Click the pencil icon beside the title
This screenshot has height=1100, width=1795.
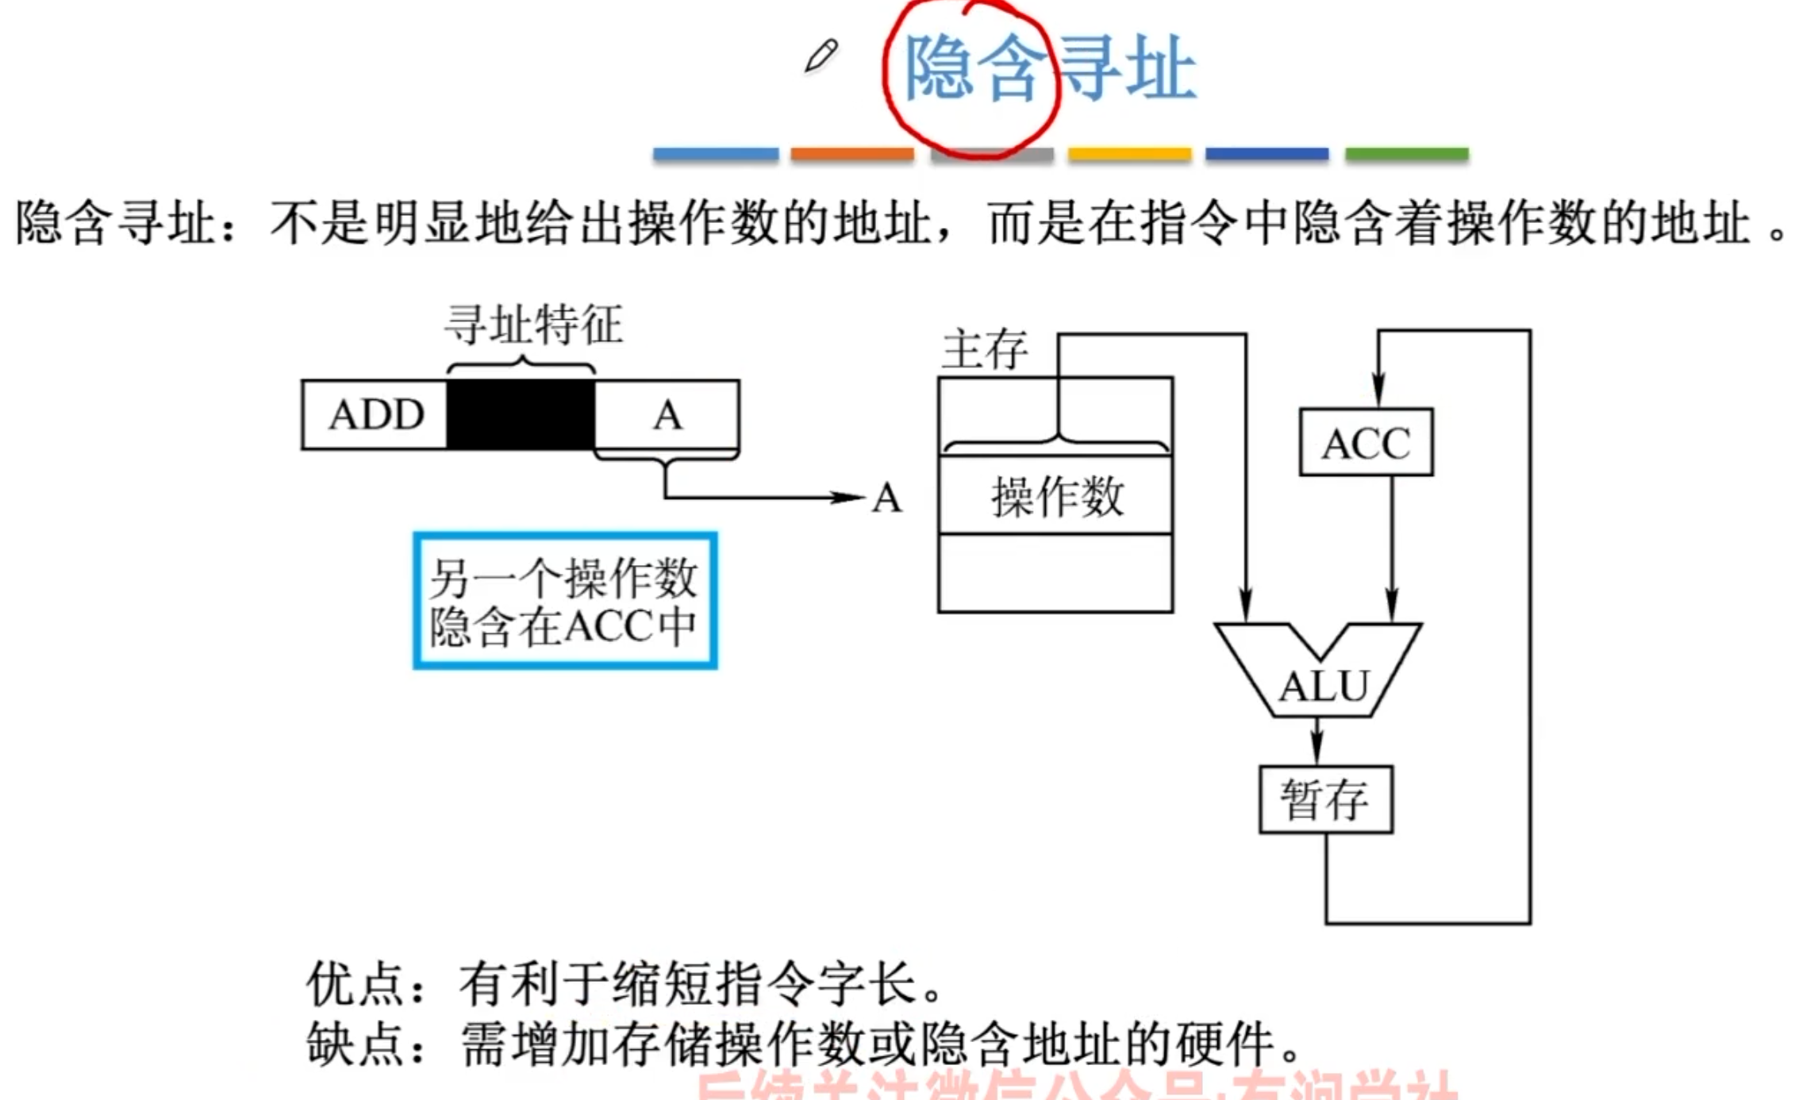coord(821,56)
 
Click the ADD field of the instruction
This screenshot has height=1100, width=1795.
coord(375,415)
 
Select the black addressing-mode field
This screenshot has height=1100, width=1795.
coord(521,415)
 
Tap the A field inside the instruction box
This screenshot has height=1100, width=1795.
coord(667,415)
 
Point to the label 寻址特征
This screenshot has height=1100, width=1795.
coord(533,325)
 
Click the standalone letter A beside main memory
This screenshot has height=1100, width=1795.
coord(887,499)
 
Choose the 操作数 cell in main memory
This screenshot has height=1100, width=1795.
coord(1055,497)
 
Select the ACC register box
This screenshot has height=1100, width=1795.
coord(1366,443)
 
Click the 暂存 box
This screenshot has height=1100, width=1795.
coord(1325,799)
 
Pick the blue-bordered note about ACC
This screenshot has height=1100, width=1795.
coord(565,601)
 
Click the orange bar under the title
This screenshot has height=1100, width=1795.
coord(852,154)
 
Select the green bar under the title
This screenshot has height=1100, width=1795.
coord(1406,154)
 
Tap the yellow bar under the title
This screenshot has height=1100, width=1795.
coord(1129,154)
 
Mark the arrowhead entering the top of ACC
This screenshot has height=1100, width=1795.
coord(1378,392)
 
